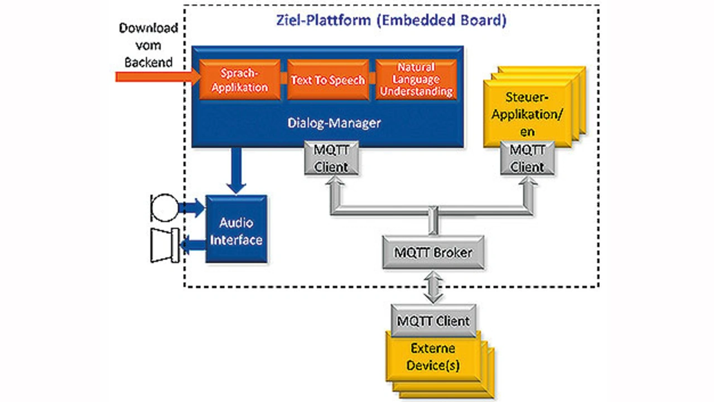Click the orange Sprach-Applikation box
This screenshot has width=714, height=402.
(x=240, y=80)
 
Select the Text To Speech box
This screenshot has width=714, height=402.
(x=327, y=80)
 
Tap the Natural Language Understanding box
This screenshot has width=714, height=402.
(x=416, y=80)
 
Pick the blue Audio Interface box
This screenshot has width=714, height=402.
(x=237, y=230)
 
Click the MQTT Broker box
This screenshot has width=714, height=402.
(x=433, y=252)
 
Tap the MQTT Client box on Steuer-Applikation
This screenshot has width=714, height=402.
(x=528, y=158)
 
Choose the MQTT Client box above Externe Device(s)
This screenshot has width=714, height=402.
(x=433, y=321)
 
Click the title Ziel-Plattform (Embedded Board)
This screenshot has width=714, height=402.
(x=391, y=21)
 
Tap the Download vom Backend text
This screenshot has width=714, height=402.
(x=148, y=45)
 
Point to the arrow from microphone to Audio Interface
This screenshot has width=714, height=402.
(x=192, y=208)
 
